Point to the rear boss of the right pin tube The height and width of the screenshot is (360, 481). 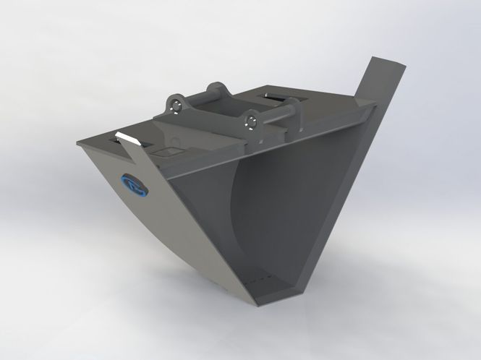tap(295, 108)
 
